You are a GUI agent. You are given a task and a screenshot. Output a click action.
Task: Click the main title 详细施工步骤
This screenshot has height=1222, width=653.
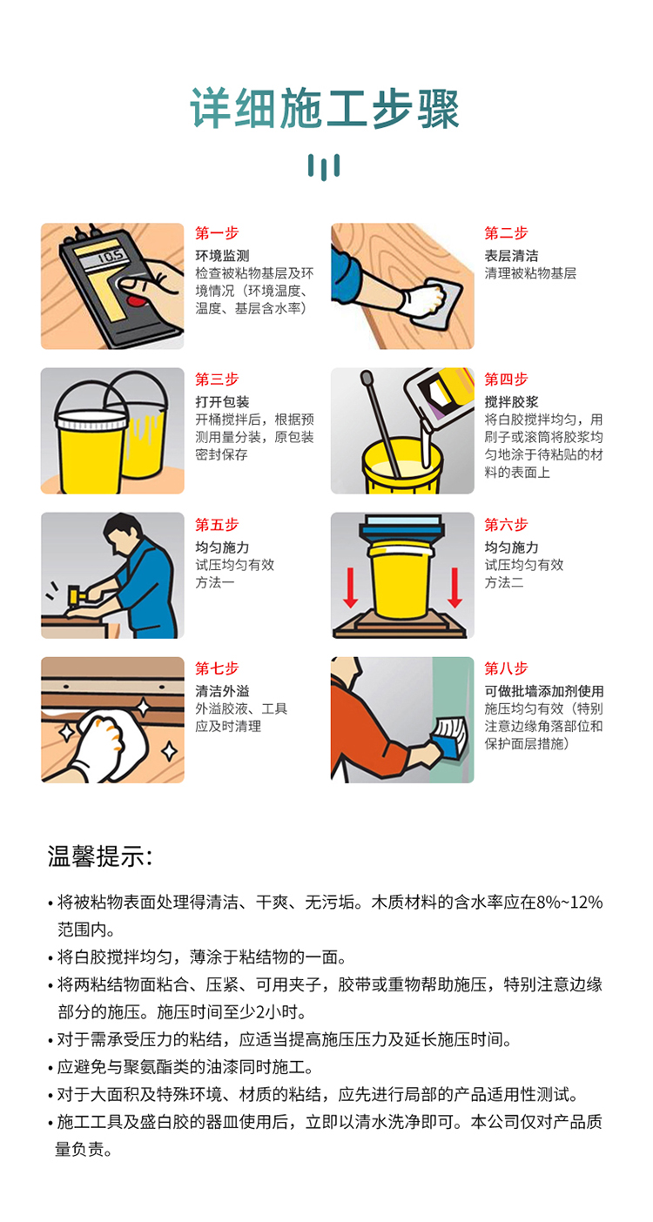pos(325,109)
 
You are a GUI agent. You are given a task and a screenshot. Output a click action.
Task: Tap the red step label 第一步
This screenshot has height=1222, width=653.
pos(217,233)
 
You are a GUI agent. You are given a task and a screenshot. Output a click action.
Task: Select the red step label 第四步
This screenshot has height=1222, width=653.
pos(506,379)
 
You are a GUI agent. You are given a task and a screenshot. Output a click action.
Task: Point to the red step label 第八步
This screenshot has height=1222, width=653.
pos(506,668)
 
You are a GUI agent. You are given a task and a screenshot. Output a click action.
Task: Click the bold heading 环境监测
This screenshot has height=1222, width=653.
pos(223,255)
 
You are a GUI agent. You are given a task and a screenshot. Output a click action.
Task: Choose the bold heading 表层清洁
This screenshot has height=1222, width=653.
pos(511,255)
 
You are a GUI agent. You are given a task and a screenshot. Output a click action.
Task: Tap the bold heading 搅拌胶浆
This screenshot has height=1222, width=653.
pos(511,402)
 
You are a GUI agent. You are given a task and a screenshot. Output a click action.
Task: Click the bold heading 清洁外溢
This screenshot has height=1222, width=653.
pos(223,691)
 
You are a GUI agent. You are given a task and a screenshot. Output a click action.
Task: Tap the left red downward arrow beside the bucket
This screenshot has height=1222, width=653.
pos(351,587)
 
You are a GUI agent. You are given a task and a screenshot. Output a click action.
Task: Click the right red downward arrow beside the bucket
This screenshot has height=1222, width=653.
pos(455,587)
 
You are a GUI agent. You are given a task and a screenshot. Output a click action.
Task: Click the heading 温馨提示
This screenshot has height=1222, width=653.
pos(99,856)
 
